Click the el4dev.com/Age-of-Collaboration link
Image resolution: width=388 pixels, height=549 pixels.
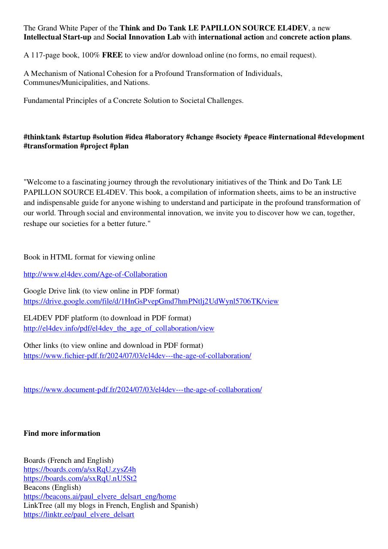click(95, 274)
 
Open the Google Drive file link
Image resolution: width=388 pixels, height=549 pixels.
click(151, 301)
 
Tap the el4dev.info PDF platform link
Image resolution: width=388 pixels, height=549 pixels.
click(119, 328)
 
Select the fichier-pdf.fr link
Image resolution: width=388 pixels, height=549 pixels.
click(137, 356)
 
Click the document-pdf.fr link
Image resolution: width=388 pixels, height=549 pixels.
click(142, 389)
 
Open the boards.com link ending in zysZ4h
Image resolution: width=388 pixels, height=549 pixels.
click(79, 469)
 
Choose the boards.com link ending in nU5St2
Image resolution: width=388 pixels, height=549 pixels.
click(80, 478)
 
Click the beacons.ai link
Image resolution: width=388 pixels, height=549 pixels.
click(99, 496)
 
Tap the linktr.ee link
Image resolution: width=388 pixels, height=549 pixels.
click(78, 514)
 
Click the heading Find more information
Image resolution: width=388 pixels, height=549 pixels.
click(62, 433)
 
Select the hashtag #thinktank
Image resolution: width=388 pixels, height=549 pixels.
click(42, 137)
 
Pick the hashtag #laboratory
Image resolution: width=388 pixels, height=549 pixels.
click(164, 137)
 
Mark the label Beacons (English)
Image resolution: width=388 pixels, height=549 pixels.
click(52, 487)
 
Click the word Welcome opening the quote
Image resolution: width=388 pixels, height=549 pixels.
click(42, 182)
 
